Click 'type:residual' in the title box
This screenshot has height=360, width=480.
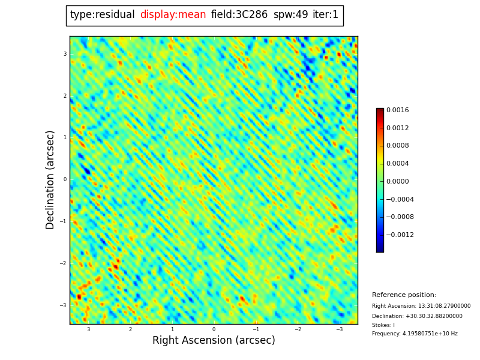pos(103,15)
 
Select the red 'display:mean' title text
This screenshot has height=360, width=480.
pos(173,15)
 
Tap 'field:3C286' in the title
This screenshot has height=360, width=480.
pos(239,15)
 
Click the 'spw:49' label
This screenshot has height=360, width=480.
pos(290,15)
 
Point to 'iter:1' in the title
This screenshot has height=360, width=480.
pos(325,15)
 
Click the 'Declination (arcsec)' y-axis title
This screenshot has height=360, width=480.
pos(51,179)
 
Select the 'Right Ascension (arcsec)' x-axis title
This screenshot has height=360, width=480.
pos(214,341)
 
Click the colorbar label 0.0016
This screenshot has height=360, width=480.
pos(397,110)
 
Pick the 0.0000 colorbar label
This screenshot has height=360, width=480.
pos(397,182)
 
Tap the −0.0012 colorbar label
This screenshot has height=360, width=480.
pos(399,235)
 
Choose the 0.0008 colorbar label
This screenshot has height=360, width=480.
pos(397,146)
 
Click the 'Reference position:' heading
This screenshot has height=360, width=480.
pos(404,295)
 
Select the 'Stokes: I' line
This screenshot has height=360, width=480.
pos(383,325)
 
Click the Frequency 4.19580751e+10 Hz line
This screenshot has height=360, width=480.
pos(415,334)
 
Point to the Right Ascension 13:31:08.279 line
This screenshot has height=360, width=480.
pos(421,306)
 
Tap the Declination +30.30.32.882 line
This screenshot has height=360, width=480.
pos(417,316)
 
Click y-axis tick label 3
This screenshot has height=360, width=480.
pos(65,54)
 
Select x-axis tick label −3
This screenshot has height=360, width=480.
pos(339,329)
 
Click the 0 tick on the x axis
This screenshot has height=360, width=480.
pos(214,329)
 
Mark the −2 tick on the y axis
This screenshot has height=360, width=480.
pos(64,263)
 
